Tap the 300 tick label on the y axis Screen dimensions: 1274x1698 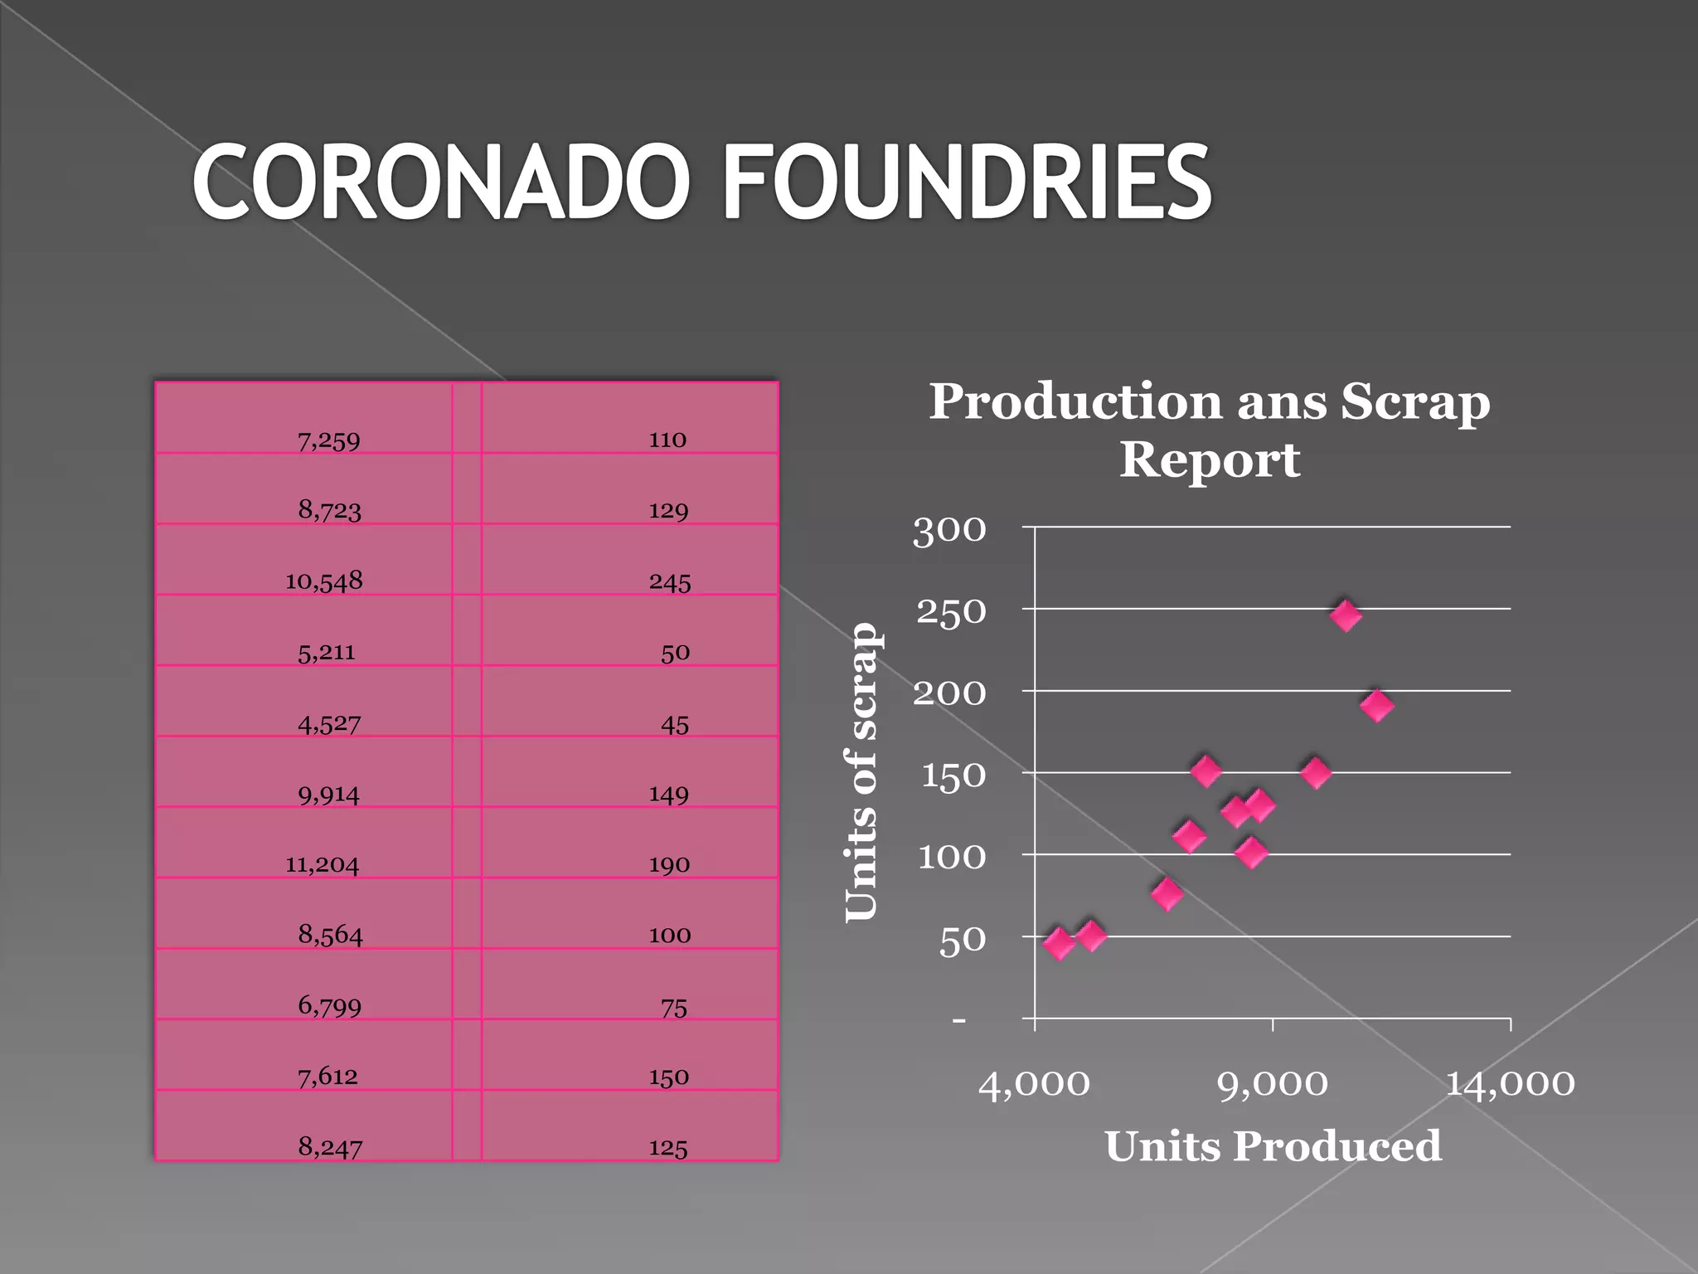[x=949, y=530]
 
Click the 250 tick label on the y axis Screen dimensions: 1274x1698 [x=951, y=612]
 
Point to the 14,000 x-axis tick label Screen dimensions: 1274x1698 [x=1510, y=1083]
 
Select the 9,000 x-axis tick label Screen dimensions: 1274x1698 [x=1273, y=1083]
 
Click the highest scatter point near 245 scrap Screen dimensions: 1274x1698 [x=1346, y=615]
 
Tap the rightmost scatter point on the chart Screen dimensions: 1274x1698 [x=1376, y=706]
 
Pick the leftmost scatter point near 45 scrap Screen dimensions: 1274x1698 [x=1059, y=943]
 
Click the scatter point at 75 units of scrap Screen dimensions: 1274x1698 [x=1167, y=894]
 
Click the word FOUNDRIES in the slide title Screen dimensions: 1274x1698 [x=967, y=182]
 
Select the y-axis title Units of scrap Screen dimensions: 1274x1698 [x=861, y=772]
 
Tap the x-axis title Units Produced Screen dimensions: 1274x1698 [x=1273, y=1146]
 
